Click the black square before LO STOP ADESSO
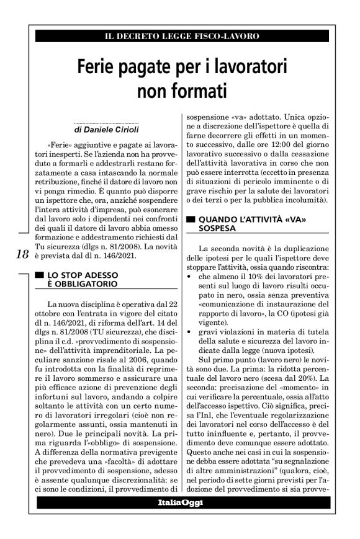pos(40,274)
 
